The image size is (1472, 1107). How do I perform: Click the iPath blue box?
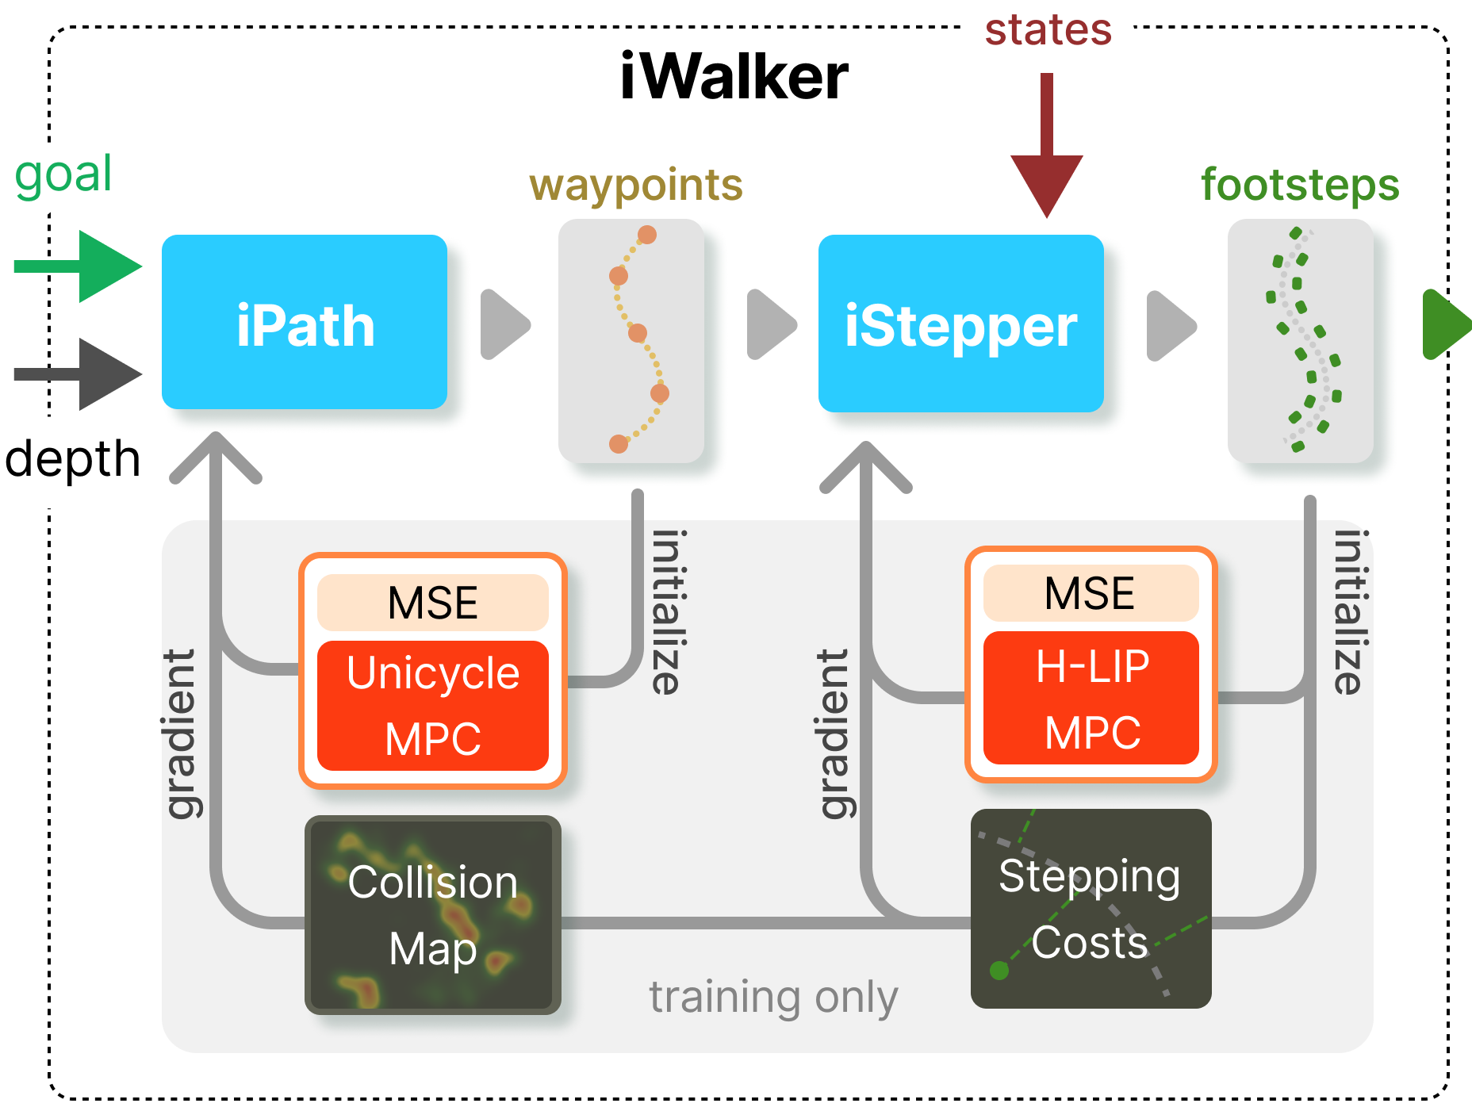pyautogui.click(x=305, y=322)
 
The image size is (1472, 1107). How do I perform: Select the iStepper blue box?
pyautogui.click(x=960, y=324)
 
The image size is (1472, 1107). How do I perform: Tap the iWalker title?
pyautogui.click(x=734, y=77)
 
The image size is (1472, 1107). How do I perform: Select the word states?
pyautogui.click(x=1048, y=30)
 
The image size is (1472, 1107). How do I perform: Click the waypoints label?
pyautogui.click(x=636, y=186)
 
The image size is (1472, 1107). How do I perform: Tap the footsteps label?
pyautogui.click(x=1300, y=186)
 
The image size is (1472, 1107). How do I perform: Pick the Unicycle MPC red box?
pyautogui.click(x=433, y=706)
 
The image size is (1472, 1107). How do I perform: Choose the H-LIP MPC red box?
pyautogui.click(x=1091, y=698)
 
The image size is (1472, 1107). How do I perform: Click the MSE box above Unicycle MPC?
pyautogui.click(x=433, y=603)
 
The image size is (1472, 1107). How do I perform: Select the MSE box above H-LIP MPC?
pyautogui.click(x=1091, y=593)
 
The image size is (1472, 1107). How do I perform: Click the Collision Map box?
pyautogui.click(x=433, y=915)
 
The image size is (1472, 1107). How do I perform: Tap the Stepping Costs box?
pyautogui.click(x=1091, y=909)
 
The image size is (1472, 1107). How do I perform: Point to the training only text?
pyautogui.click(x=773, y=997)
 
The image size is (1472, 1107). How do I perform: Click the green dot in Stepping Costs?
pyautogui.click(x=999, y=970)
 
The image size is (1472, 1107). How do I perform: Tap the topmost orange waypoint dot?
pyautogui.click(x=647, y=235)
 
